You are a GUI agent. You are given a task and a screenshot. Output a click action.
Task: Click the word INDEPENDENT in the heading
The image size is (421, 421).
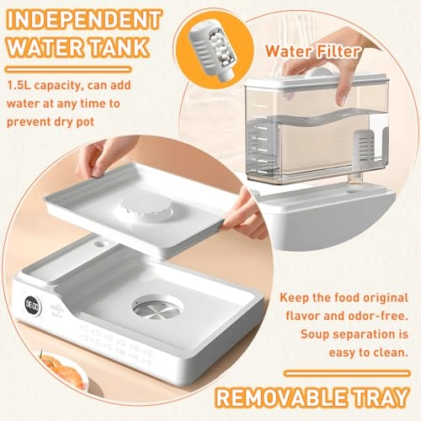pos(83,19)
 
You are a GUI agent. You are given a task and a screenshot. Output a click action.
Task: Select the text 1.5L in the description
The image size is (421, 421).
pos(19,85)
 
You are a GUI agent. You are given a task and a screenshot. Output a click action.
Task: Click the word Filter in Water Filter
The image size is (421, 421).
pos(337,51)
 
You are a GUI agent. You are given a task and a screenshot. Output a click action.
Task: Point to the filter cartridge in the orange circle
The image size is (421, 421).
pos(212,52)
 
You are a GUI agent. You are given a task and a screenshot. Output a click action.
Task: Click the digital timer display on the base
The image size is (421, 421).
pos(32,306)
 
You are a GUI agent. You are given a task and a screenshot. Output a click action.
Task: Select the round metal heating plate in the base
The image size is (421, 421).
pos(157,308)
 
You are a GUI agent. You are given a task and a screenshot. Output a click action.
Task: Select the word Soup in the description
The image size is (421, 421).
pos(314,334)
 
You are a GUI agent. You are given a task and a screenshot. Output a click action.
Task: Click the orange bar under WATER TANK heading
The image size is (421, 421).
pos(69,70)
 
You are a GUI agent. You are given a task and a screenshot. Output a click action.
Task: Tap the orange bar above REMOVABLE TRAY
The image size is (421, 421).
pos(347,374)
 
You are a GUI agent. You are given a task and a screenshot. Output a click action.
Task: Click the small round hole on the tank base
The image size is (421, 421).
pos(353,192)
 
